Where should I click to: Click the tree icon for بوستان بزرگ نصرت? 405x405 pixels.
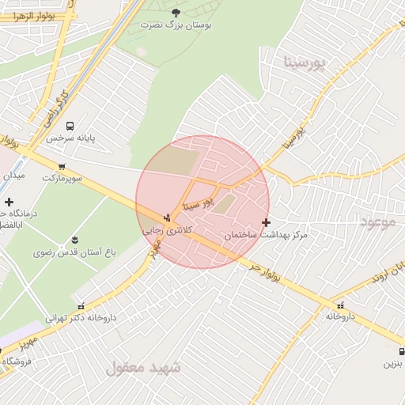[x=175, y=12]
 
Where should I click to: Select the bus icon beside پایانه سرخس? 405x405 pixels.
[x=70, y=125]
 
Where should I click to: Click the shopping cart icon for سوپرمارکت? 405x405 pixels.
[x=62, y=166]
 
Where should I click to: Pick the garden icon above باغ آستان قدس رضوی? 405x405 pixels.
[x=74, y=240]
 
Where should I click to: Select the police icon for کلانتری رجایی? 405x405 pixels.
[x=167, y=218]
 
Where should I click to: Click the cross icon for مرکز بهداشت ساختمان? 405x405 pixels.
[x=266, y=223]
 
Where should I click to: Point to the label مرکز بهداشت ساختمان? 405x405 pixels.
[x=266, y=236]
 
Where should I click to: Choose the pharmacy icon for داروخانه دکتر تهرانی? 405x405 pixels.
[x=80, y=305]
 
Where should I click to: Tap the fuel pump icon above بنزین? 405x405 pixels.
[x=402, y=351]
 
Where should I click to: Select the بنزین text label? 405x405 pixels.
[x=394, y=364]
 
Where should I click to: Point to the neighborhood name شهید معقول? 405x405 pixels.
[x=143, y=368]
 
